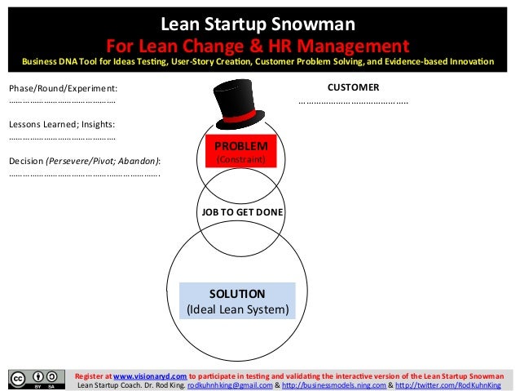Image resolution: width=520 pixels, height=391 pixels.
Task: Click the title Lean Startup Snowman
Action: pos(260,22)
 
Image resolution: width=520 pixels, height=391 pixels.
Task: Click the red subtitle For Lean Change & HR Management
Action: pos(260,43)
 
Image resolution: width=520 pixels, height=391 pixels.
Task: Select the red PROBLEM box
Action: pos(240,152)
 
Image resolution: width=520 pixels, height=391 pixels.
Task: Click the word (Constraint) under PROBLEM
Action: pos(240,160)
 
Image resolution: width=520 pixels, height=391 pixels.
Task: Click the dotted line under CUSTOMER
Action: pos(353,103)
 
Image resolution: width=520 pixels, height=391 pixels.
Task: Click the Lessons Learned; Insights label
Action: pos(62,124)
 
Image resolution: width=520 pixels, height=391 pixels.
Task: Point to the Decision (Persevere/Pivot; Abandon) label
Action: pos(85,160)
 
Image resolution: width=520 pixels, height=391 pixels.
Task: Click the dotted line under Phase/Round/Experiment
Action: pos(62,102)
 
